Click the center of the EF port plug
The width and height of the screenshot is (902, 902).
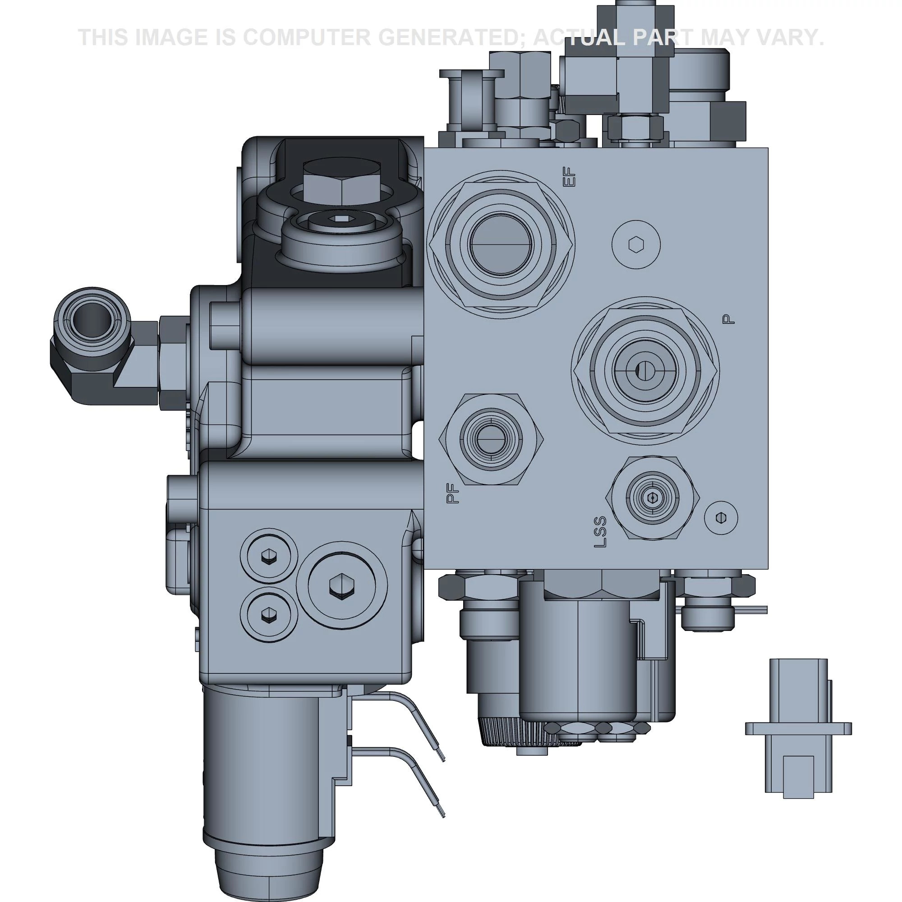coord(501,244)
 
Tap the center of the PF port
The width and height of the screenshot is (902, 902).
coord(491,439)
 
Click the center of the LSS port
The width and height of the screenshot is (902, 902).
coord(652,499)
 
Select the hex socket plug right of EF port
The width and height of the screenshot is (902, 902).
coord(636,244)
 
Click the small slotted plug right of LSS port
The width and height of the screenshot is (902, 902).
coord(720,517)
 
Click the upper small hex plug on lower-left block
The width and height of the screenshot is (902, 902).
coord(268,557)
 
